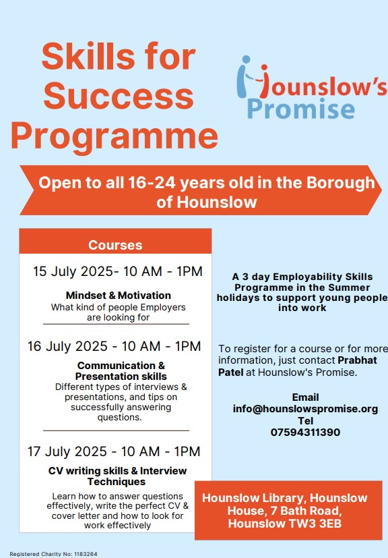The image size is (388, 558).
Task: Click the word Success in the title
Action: pos(119,96)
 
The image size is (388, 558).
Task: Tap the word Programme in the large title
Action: pos(115,136)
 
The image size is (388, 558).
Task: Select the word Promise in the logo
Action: pos(301,109)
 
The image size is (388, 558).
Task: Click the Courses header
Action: pos(115,245)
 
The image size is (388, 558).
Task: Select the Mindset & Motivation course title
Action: pos(119,296)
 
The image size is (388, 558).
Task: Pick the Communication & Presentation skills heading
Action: pos(121,371)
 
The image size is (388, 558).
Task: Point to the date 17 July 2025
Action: pos(67,451)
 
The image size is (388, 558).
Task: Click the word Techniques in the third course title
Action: pos(117,482)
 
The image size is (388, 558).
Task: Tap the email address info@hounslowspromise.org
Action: pos(305,409)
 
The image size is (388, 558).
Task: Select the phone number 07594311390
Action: pos(305,433)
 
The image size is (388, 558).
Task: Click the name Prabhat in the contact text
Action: pos(357,360)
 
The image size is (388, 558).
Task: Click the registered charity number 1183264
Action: pos(86,554)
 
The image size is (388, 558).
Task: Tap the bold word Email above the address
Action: pos(305,397)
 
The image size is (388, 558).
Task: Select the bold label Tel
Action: pos(306,421)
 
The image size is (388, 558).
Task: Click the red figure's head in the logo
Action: pos(264,67)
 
